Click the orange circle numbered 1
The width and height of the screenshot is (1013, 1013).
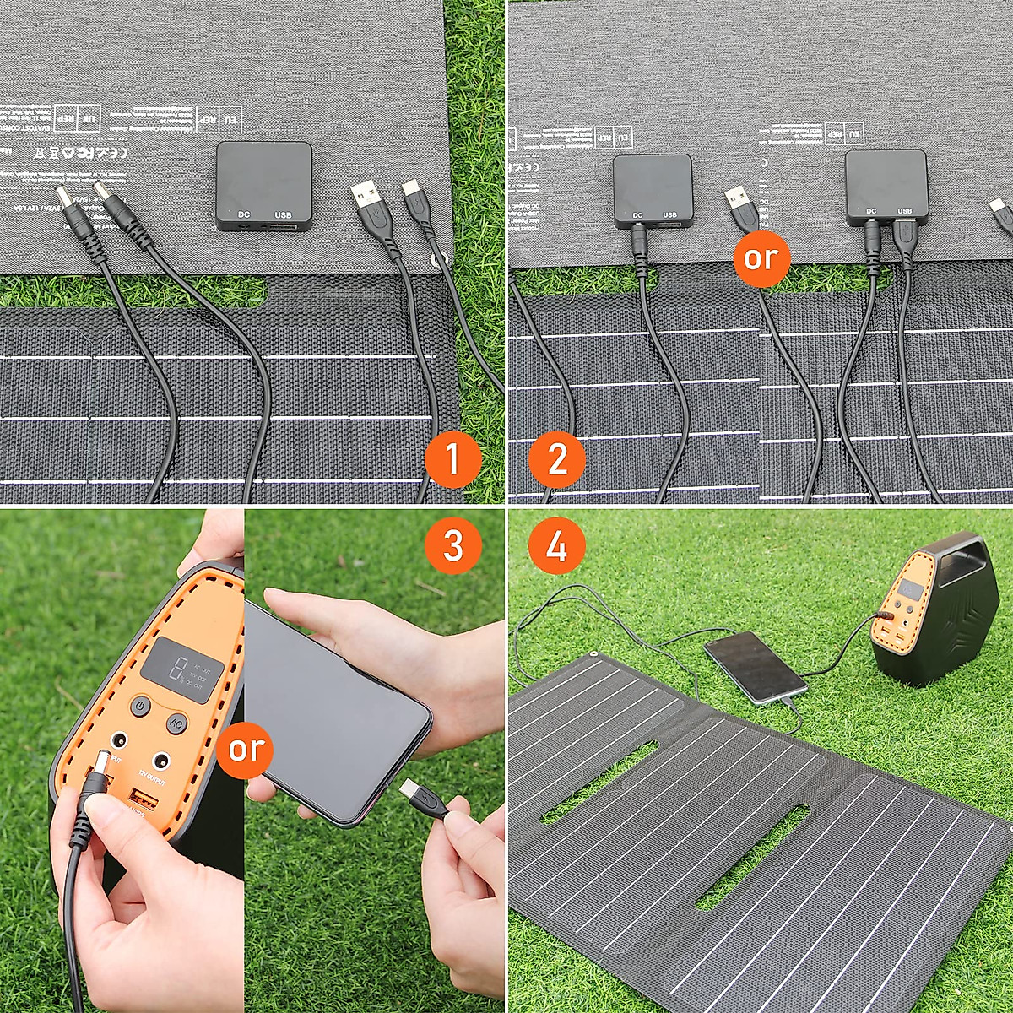(x=452, y=461)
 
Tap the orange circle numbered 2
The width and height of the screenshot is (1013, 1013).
(x=557, y=461)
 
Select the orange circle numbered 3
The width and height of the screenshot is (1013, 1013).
(x=452, y=545)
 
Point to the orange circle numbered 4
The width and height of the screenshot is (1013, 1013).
(x=557, y=545)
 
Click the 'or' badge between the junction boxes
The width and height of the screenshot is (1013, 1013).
(x=761, y=258)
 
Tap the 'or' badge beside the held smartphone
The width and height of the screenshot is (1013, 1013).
(x=246, y=749)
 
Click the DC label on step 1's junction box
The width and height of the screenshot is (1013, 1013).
(x=243, y=215)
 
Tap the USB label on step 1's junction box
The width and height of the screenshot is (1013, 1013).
(x=283, y=215)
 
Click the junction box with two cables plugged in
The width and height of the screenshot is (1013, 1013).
(x=886, y=187)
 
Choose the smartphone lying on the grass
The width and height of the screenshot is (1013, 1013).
(x=755, y=667)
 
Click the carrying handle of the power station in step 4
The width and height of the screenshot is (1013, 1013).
(x=966, y=582)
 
